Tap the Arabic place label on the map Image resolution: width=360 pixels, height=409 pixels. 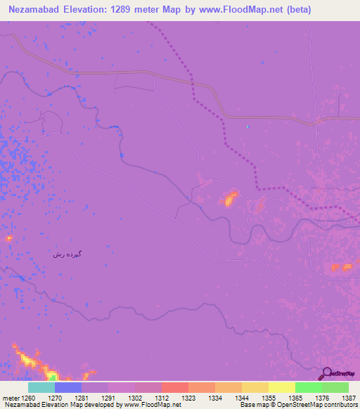click(x=67, y=253)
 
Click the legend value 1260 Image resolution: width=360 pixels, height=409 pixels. click(x=29, y=397)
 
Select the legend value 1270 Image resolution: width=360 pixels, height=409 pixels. click(x=56, y=397)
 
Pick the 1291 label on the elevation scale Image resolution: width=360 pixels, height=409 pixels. click(x=109, y=397)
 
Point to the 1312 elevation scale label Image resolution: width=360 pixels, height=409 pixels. click(x=162, y=397)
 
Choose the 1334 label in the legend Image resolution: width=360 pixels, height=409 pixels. click(x=215, y=397)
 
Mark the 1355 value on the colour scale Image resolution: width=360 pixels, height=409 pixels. click(x=269, y=397)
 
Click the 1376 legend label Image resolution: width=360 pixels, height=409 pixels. click(x=322, y=397)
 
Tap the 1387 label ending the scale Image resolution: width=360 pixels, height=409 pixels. click(x=348, y=397)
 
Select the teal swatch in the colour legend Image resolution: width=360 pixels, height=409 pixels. click(x=41, y=387)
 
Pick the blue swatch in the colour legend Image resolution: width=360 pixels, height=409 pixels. click(x=68, y=387)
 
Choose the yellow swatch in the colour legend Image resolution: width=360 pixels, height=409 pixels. click(x=281, y=387)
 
